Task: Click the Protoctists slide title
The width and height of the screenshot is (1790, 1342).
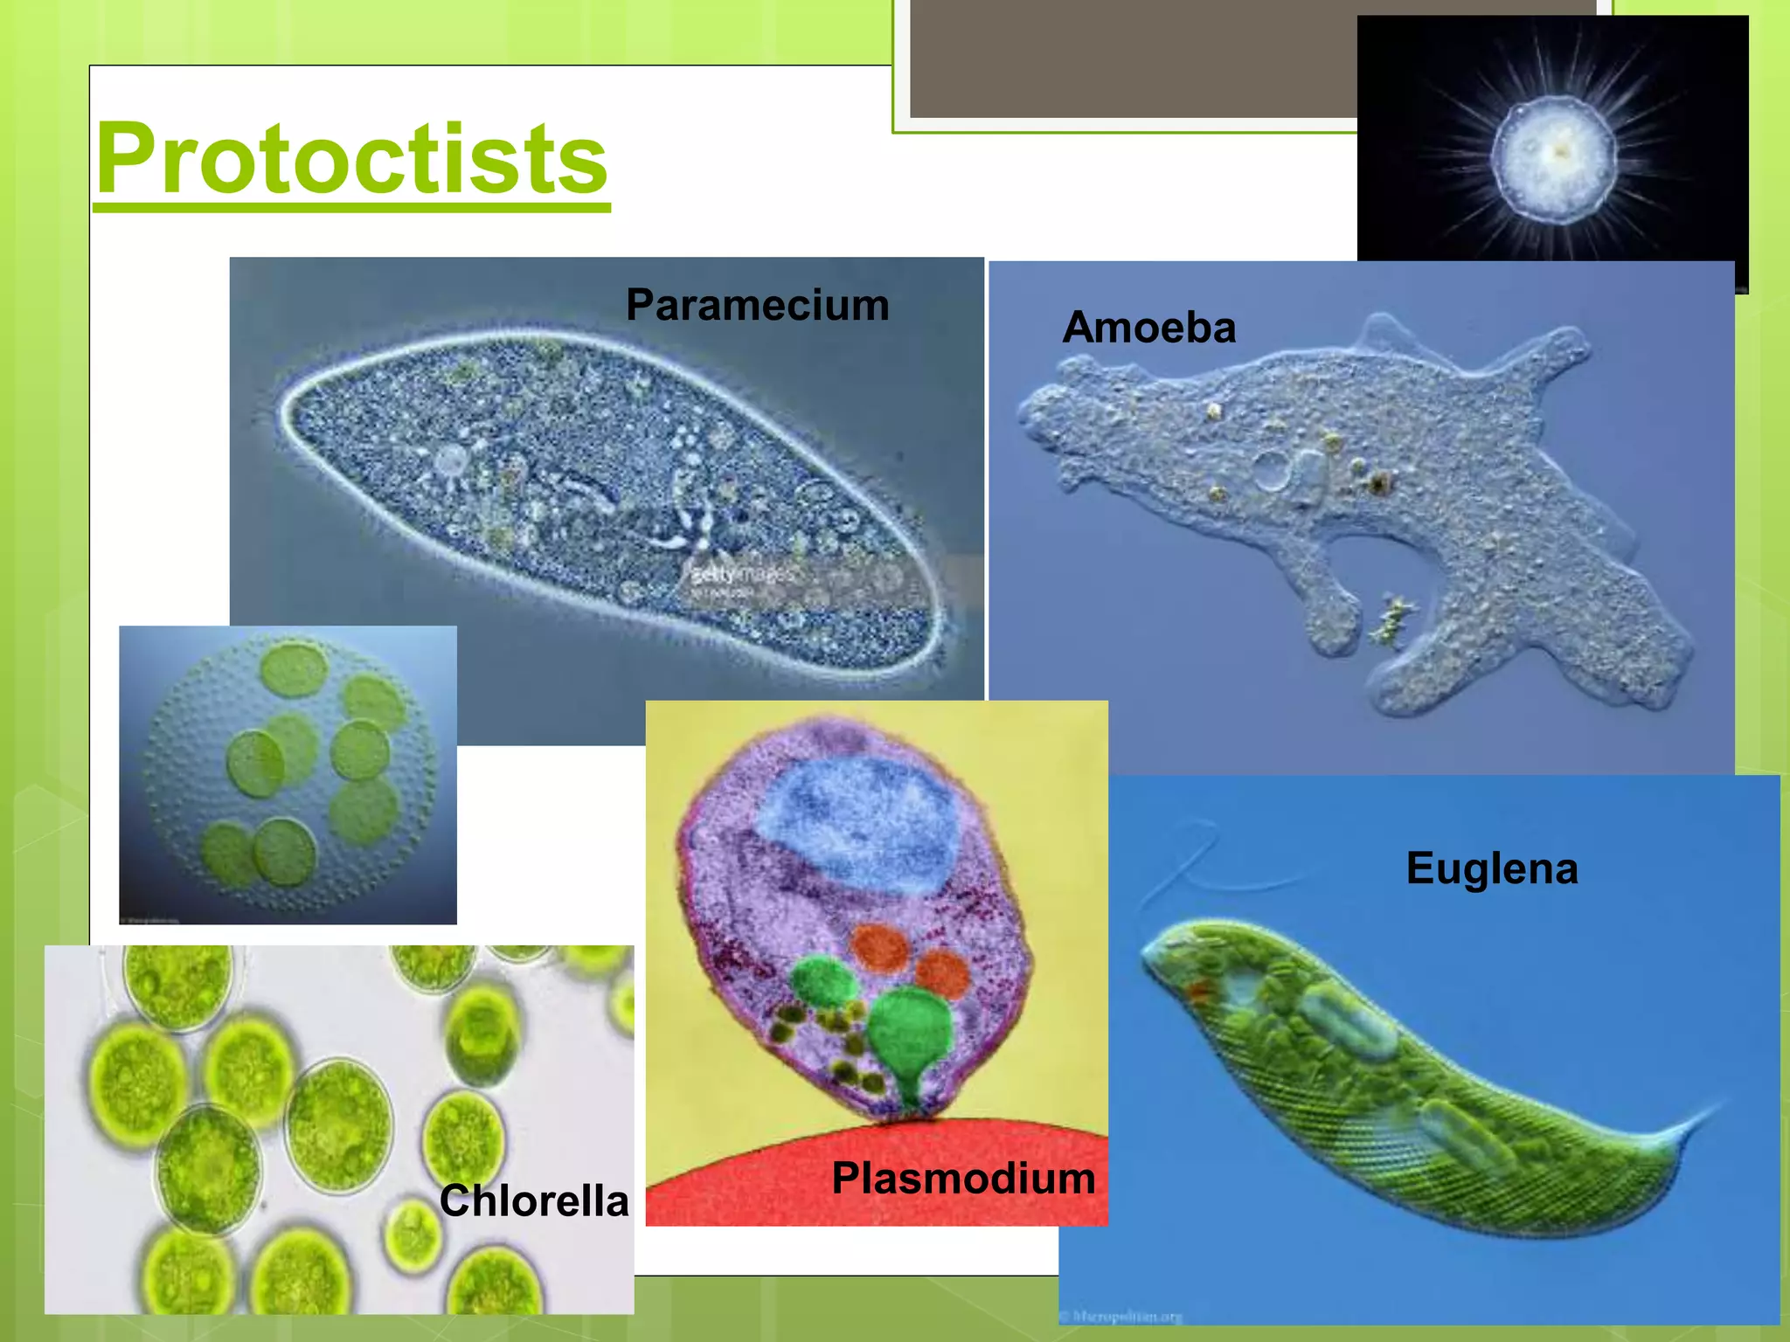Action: [351, 159]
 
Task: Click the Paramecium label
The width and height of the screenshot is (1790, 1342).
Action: [757, 305]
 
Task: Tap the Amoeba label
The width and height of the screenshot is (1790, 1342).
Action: [1148, 328]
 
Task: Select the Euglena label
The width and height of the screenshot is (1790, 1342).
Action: [1491, 868]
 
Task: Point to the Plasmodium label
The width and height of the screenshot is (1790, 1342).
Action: [963, 1178]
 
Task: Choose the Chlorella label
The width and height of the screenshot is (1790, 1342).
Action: [533, 1200]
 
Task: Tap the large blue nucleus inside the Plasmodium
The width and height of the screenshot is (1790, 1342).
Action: [857, 821]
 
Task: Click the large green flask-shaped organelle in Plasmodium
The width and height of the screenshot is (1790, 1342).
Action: [909, 1035]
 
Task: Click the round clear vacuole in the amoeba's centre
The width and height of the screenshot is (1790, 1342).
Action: [1270, 470]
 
